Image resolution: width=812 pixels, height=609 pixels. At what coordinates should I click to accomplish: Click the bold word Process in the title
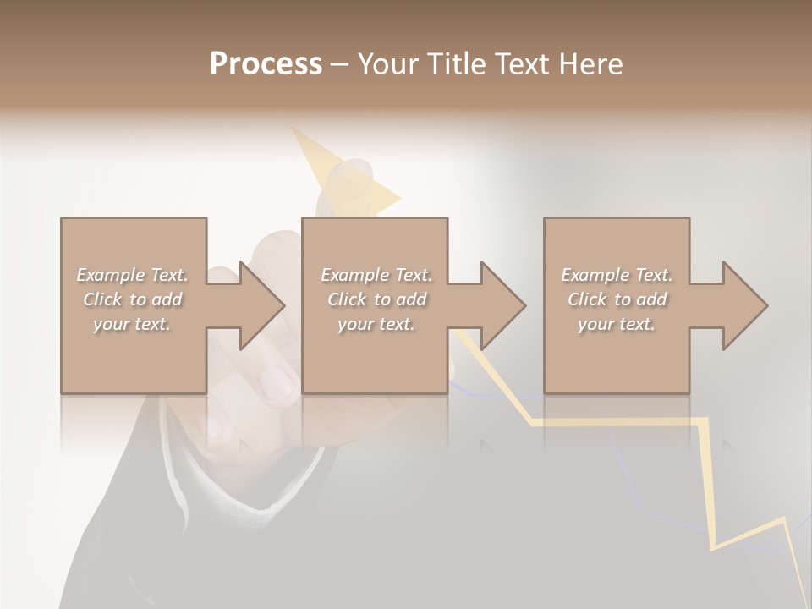[266, 64]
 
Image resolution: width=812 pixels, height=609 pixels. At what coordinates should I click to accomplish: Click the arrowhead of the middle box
[502, 305]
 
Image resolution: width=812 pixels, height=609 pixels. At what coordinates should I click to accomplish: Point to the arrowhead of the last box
[744, 305]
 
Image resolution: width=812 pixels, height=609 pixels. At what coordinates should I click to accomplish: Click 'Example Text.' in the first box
[133, 275]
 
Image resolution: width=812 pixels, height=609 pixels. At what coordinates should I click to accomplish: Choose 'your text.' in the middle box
[376, 324]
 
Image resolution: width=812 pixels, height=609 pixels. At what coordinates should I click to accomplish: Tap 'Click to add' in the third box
[617, 299]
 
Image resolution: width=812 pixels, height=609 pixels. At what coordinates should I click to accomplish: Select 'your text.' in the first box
[132, 324]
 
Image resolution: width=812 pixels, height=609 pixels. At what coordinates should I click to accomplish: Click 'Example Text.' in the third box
[617, 275]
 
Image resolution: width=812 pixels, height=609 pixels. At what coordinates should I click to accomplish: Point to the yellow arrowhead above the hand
[338, 169]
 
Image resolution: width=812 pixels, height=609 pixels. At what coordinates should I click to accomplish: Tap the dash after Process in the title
[339, 64]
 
